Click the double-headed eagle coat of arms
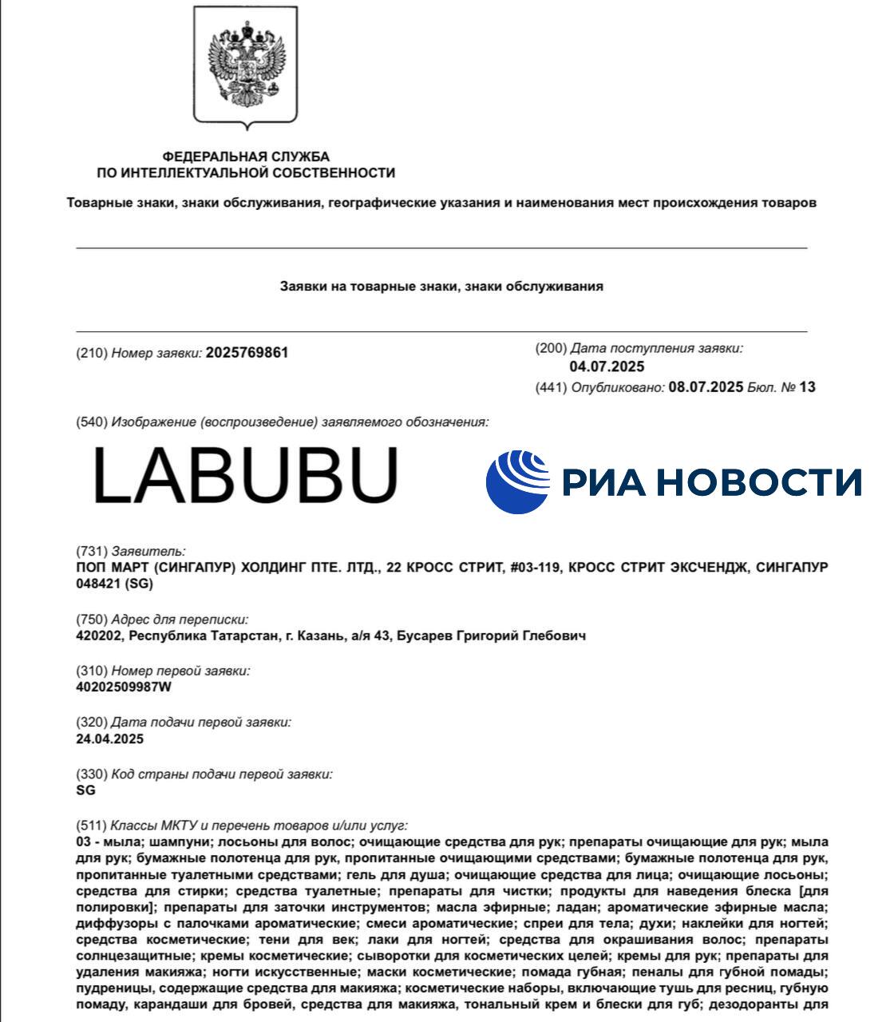246,69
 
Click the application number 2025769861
247,353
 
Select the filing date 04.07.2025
607,366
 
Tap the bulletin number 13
807,387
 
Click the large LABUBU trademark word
245,476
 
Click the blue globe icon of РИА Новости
518,481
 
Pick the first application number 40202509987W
124,687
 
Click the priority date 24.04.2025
109,739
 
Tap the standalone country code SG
85,790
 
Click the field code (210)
91,353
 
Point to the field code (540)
91,422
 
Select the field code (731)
91,551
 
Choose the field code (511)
91,826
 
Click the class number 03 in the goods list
84,842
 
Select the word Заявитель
148,551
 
